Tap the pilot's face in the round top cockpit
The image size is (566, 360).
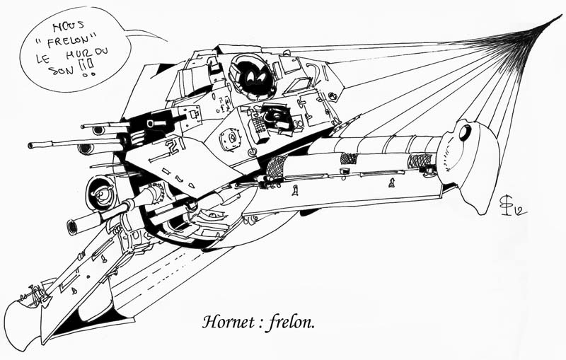click(250, 71)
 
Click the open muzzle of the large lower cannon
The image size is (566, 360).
click(71, 228)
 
